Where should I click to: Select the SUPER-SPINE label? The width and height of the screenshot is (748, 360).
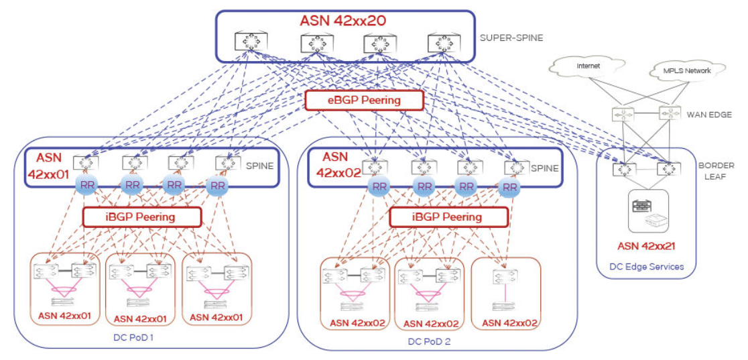(x=511, y=38)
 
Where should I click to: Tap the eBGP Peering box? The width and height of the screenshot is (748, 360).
(x=364, y=101)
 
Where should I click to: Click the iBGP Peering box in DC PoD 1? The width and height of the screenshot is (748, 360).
(x=141, y=217)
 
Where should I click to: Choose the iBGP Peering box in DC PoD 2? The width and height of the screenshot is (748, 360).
(x=448, y=217)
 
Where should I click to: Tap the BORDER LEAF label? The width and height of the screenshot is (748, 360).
(x=716, y=171)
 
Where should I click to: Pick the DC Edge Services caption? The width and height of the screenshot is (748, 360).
(x=646, y=266)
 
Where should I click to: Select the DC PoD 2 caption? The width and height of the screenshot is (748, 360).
(x=430, y=341)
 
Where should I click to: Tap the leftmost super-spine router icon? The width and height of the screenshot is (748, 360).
(x=247, y=43)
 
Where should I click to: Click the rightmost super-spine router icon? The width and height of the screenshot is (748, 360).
(x=440, y=44)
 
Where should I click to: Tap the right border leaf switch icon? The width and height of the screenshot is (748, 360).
(x=668, y=169)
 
